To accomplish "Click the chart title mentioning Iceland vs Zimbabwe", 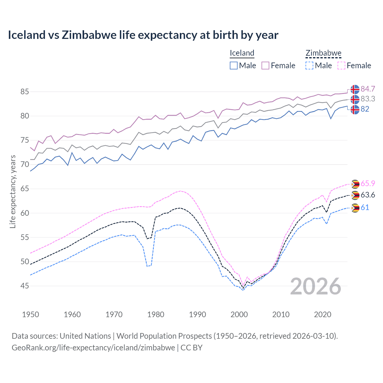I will (x=143, y=35).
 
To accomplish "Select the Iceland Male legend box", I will (x=234, y=66).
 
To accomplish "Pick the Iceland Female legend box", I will (x=265, y=66).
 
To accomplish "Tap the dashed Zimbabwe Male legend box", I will (x=309, y=66).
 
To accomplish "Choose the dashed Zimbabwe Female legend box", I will (x=341, y=66).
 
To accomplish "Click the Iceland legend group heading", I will (x=242, y=53).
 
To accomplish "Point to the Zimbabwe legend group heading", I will (x=323, y=53).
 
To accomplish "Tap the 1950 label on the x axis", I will (x=31, y=314).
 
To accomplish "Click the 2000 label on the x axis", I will (x=239, y=314).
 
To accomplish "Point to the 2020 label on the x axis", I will (x=323, y=314).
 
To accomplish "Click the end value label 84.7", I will (x=368, y=89).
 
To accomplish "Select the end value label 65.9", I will (x=368, y=183).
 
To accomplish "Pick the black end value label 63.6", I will (x=368, y=195).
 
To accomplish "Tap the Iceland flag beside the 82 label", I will (x=355, y=110).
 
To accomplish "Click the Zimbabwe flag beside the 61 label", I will (x=355, y=208).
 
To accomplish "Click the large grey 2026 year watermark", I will (x=315, y=286).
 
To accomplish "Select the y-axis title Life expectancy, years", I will (x=13, y=191).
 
